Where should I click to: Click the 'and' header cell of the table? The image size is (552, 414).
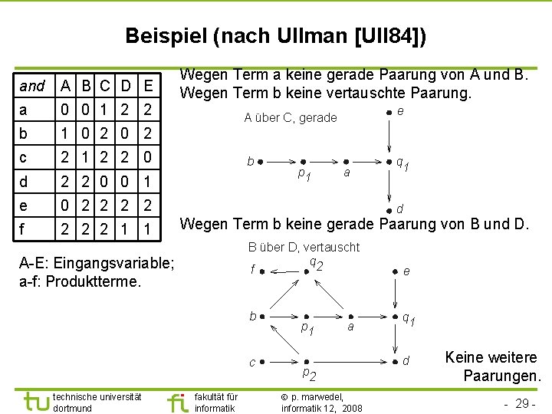(32, 86)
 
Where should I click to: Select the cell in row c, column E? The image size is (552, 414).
(148, 157)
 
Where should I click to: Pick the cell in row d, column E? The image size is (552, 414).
(148, 181)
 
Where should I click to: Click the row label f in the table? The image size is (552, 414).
(24, 228)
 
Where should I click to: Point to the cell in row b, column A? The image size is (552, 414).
(67, 133)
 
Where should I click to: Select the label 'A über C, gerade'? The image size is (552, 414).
(290, 117)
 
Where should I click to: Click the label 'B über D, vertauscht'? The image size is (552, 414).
(304, 247)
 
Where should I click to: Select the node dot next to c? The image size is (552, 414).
(262, 361)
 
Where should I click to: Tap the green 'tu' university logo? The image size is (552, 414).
(37, 401)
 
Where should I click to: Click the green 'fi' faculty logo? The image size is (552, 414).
(177, 401)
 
